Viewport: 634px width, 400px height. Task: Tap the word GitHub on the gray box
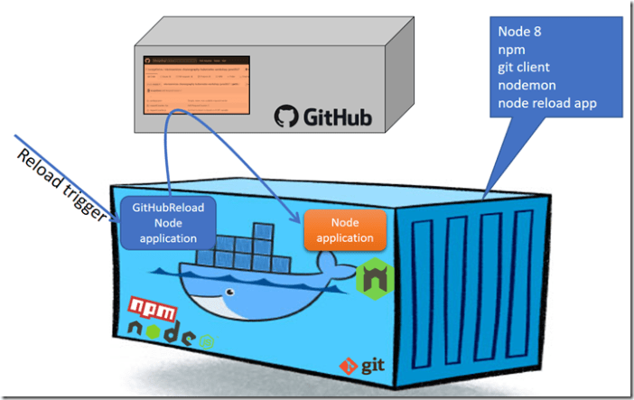point(335,116)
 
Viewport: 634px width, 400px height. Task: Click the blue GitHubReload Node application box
point(168,221)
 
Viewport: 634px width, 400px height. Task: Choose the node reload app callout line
point(547,103)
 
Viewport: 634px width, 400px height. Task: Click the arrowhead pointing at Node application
point(298,219)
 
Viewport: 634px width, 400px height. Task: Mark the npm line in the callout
point(510,50)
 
